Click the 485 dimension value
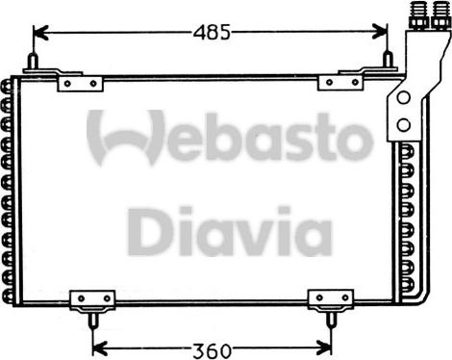[x=212, y=32]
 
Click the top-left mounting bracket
[x=80, y=83]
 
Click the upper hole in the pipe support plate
[x=402, y=101]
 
